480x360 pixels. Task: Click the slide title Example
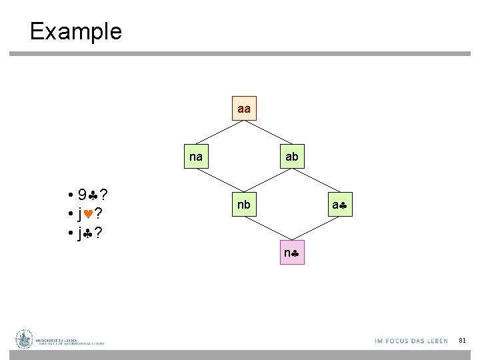(x=75, y=31)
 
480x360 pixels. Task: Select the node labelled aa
(x=244, y=108)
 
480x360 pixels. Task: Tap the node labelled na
(x=196, y=157)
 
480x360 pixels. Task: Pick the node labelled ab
(x=291, y=157)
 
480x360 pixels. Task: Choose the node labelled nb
(x=244, y=205)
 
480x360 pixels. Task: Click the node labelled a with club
(x=339, y=205)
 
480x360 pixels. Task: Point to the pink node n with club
(x=291, y=253)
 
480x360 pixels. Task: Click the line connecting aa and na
(x=220, y=132)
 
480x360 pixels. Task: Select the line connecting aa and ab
(x=267, y=132)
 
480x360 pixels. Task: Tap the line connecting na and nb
(x=220, y=181)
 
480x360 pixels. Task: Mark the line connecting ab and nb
(x=267, y=181)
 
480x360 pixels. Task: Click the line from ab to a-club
(x=315, y=181)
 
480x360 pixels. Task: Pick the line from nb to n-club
(x=267, y=229)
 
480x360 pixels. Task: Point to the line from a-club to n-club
(x=315, y=229)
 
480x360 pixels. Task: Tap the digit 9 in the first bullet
(x=81, y=195)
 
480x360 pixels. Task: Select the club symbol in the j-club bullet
(x=87, y=234)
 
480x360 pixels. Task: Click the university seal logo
(x=25, y=340)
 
